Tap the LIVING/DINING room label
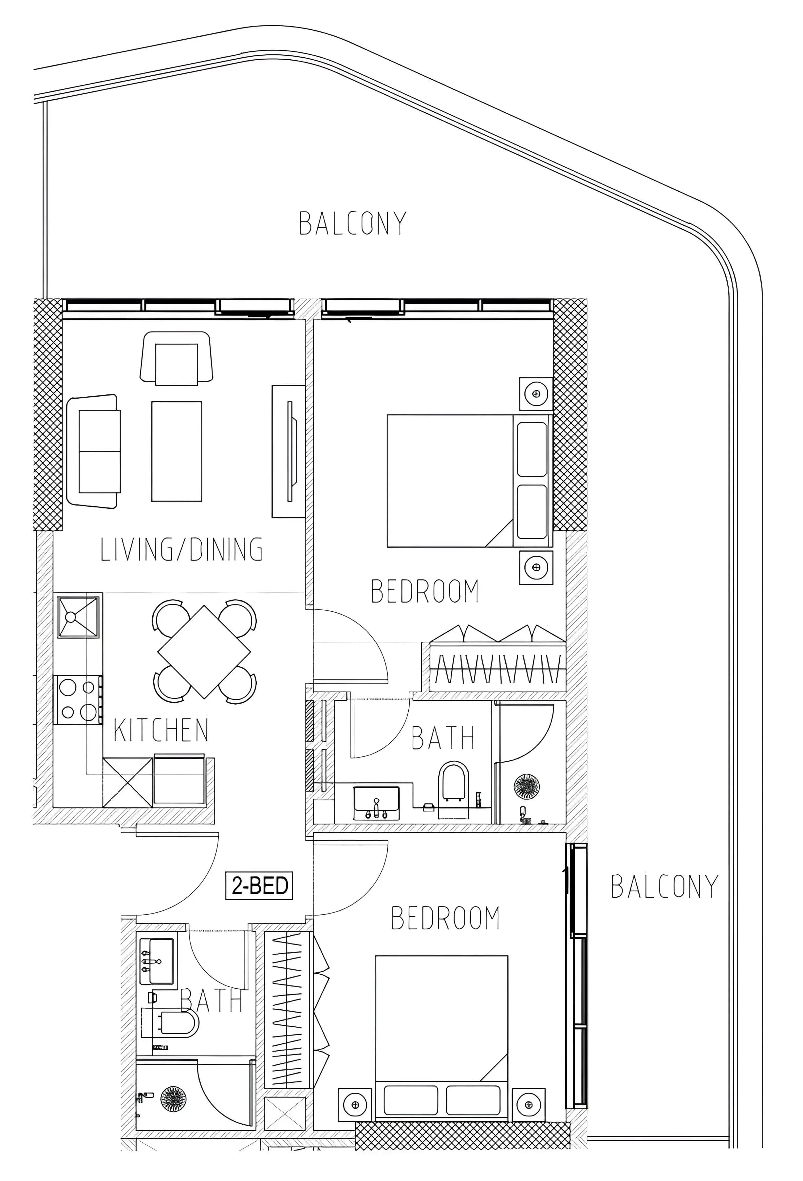coord(181,549)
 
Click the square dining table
coord(204,652)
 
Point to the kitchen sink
coord(78,617)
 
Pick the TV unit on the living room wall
coord(289,451)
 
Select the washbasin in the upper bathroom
coord(376,803)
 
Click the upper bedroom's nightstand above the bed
coord(536,394)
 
